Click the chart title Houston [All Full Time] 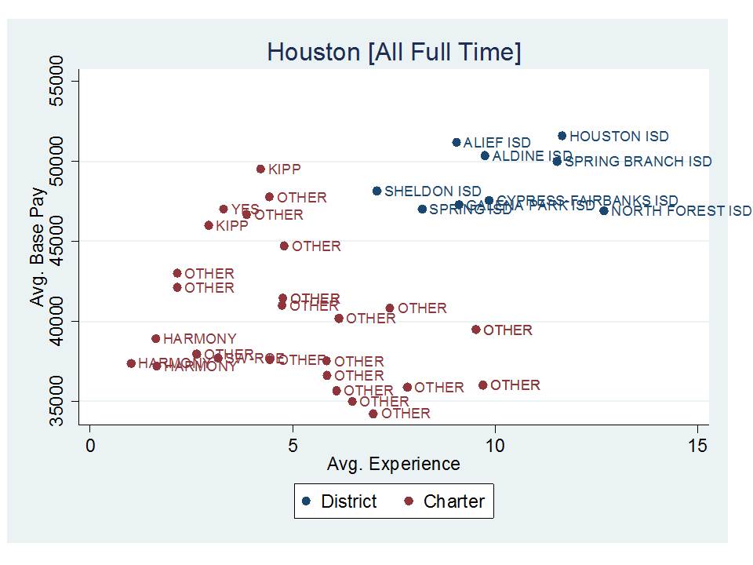coord(394,53)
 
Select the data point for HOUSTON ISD coord(562,136)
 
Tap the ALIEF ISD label coord(497,143)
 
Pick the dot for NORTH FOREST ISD coord(604,210)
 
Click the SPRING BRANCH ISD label coord(638,162)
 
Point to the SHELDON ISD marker coord(376,191)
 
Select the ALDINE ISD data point coord(485,155)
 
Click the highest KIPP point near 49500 coord(260,169)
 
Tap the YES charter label coord(245,210)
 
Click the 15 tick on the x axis coord(697,446)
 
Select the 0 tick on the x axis coord(90,446)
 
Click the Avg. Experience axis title coord(393,464)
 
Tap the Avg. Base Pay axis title coord(37,240)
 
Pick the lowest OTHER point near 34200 coord(373,414)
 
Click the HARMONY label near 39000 coord(199,339)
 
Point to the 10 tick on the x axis coord(495,446)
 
